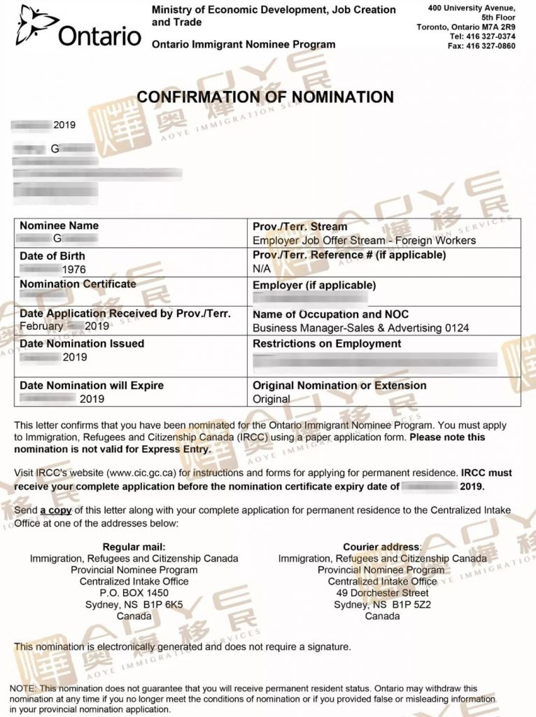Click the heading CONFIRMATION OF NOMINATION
265,97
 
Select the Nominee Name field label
59,225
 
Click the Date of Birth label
52,256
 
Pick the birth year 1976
73,270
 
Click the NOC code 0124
457,328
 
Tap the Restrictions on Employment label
327,344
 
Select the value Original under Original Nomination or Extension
271,399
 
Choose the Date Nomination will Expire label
91,385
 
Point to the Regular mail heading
134,546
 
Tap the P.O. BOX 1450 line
134,593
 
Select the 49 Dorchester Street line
382,593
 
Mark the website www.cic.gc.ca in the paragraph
141,473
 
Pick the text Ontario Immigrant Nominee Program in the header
244,44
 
